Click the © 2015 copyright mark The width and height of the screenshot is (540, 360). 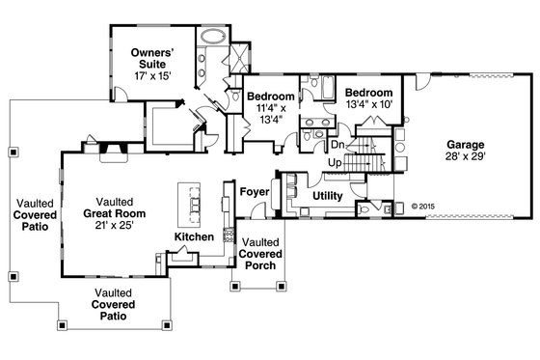422,206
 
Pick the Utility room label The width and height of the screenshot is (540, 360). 329,196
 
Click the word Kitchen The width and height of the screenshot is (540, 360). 193,235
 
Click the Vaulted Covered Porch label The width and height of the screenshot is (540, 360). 260,253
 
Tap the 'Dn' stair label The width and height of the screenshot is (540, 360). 337,145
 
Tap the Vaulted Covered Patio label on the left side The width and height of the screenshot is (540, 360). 32,215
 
